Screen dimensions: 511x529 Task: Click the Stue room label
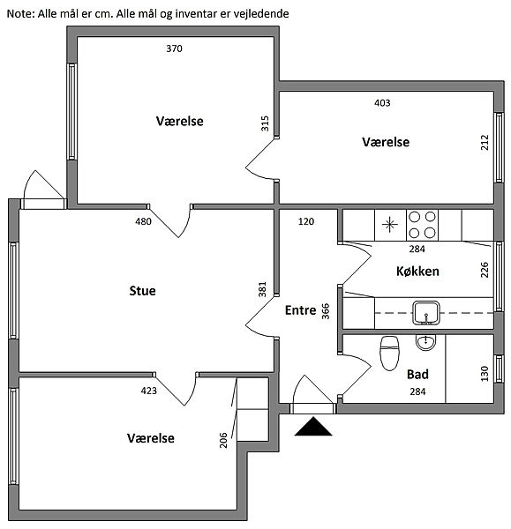coord(142,290)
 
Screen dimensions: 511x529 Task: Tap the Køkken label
coord(417,271)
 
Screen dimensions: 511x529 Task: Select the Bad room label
coord(417,374)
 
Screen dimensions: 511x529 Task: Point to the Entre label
coord(301,310)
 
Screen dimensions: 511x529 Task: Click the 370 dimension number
coord(174,48)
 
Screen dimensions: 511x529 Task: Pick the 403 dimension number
coord(382,102)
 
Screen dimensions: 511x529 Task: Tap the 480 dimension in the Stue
coord(143,221)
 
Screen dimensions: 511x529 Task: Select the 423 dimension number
coord(148,391)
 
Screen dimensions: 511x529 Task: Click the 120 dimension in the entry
coord(306,221)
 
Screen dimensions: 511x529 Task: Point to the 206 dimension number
coord(223,440)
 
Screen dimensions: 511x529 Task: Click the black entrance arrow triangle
coord(313,426)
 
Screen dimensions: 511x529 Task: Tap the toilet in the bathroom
coord(389,354)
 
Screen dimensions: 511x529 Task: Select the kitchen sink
coord(426,313)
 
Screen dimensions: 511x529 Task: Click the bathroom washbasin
coord(425,343)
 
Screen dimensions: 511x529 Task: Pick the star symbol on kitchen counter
coord(390,225)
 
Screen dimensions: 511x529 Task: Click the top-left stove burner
coord(415,217)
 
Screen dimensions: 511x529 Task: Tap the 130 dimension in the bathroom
coord(485,374)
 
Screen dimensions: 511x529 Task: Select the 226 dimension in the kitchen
coord(485,270)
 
